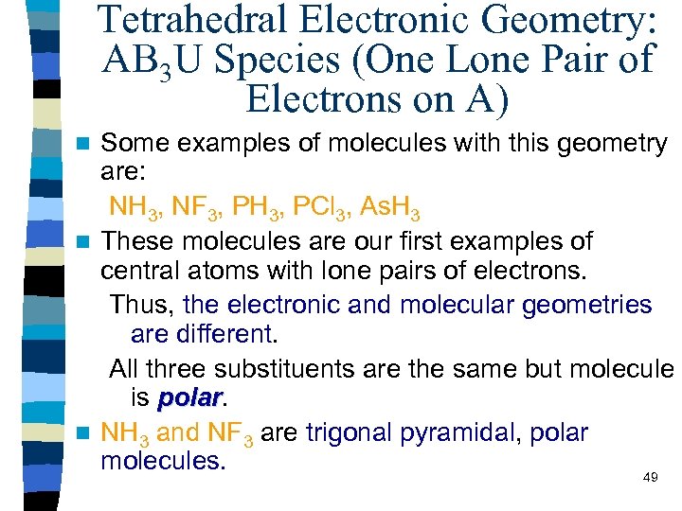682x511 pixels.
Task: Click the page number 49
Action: click(650, 477)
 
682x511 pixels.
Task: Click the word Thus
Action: click(141, 305)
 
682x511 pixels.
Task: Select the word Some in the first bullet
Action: click(129, 143)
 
